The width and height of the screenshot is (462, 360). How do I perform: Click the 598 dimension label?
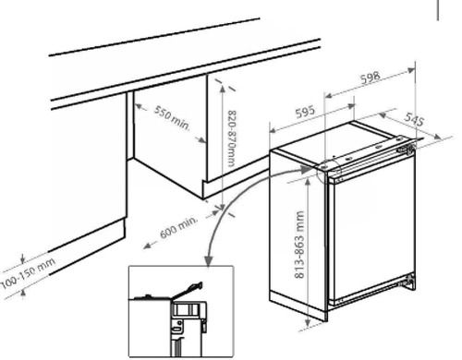pyautogui.click(x=371, y=78)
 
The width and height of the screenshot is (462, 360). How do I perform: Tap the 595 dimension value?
pyautogui.click(x=305, y=112)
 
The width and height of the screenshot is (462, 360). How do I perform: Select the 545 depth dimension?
pyautogui.click(x=414, y=119)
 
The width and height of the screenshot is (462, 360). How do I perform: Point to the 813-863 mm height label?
pyautogui.click(x=299, y=245)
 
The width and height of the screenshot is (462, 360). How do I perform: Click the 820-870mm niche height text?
pyautogui.click(x=232, y=138)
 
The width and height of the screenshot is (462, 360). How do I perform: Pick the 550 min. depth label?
pyautogui.click(x=172, y=118)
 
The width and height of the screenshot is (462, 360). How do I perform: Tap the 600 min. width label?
pyautogui.click(x=178, y=228)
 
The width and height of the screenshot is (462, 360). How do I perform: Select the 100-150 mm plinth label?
pyautogui.click(x=29, y=273)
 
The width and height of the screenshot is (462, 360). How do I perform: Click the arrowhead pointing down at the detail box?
pyautogui.click(x=209, y=261)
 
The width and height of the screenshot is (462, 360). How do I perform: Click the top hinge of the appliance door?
pyautogui.click(x=406, y=149)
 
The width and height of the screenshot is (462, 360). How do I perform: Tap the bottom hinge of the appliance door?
pyautogui.click(x=409, y=282)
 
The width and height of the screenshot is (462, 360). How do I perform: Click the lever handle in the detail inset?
pyautogui.click(x=188, y=290)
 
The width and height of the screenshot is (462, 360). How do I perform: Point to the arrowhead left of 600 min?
pyautogui.click(x=147, y=246)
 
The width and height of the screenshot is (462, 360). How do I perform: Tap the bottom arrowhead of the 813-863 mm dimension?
pyautogui.click(x=308, y=322)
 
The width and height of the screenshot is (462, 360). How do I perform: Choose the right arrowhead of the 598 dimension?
pyautogui.click(x=411, y=71)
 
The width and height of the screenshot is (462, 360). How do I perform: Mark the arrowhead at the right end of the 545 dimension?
pyautogui.click(x=438, y=137)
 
